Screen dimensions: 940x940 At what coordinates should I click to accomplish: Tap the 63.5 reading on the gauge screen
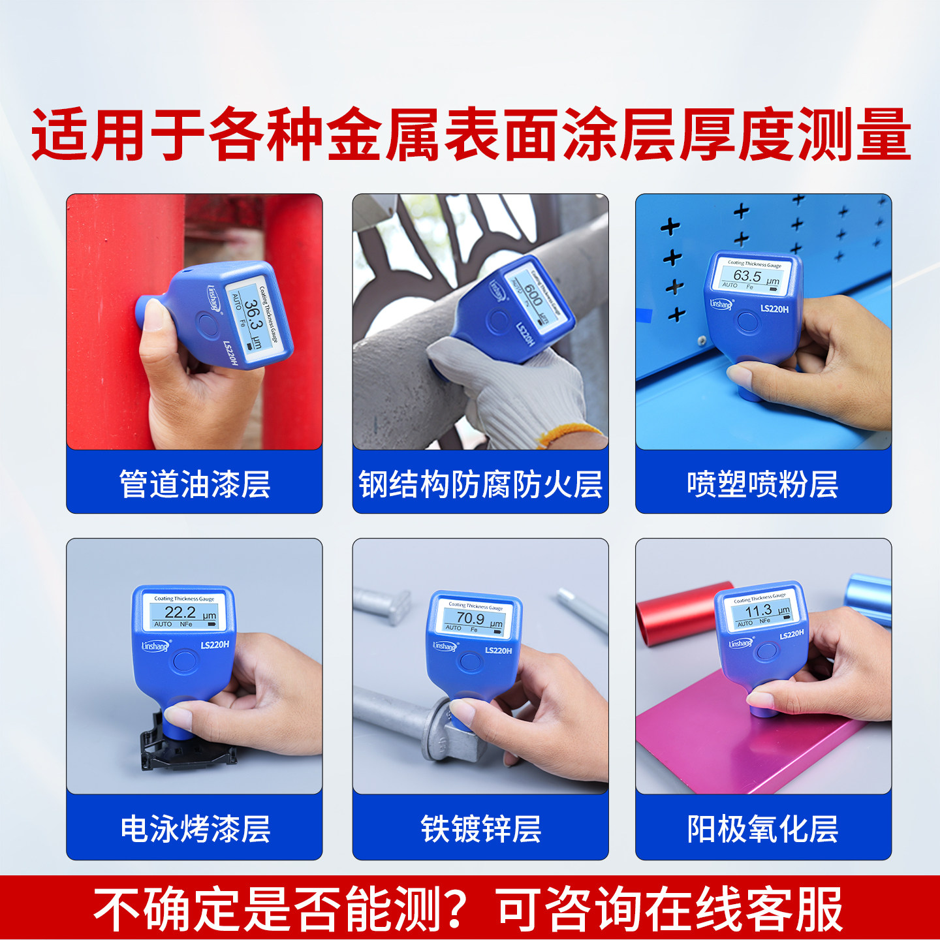[x=747, y=275]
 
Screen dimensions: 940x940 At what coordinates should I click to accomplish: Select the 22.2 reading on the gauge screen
[x=180, y=612]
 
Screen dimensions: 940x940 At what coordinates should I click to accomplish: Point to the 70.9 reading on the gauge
[x=470, y=618]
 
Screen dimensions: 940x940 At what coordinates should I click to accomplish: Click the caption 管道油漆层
[x=195, y=484]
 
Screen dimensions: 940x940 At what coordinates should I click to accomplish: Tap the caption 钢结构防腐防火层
[x=480, y=484]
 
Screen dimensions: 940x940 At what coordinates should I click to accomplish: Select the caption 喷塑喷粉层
[x=762, y=484]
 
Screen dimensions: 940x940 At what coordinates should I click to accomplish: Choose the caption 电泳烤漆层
[x=195, y=829]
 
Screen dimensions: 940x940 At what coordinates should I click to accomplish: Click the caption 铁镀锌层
[x=480, y=829]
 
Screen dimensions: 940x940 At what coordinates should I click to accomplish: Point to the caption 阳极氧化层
[x=762, y=829]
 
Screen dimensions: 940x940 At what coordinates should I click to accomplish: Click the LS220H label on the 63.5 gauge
[x=774, y=309]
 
